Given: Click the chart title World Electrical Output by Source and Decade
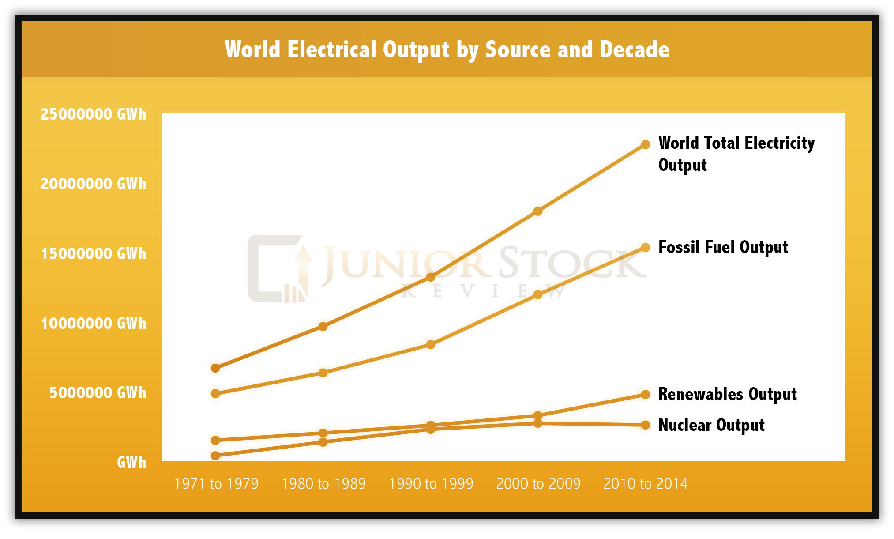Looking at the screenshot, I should tap(447, 49).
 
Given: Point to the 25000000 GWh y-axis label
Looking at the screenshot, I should tap(93, 114).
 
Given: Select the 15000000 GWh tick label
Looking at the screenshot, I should tap(93, 254).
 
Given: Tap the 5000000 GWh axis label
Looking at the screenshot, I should tap(98, 393).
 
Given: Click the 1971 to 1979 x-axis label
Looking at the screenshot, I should tap(216, 484).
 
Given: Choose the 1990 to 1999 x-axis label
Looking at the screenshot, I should tap(431, 484).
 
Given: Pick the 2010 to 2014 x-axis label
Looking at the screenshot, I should tap(646, 484).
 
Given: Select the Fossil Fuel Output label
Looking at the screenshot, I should tap(723, 247).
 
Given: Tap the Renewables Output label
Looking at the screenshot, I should tap(727, 394).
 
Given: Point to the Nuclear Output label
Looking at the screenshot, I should tap(711, 425).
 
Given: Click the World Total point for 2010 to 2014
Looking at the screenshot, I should tap(646, 145).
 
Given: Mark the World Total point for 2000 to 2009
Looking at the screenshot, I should tap(538, 211).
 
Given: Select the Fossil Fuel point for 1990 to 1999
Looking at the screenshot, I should tap(431, 345).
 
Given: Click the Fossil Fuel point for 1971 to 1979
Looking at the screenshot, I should tap(215, 394).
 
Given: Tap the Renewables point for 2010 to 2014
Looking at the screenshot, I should tap(646, 395).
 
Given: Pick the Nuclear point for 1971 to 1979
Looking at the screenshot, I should tap(215, 456).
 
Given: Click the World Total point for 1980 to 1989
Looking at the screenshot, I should tap(323, 327).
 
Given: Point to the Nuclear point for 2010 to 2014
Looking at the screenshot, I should tap(646, 425).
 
